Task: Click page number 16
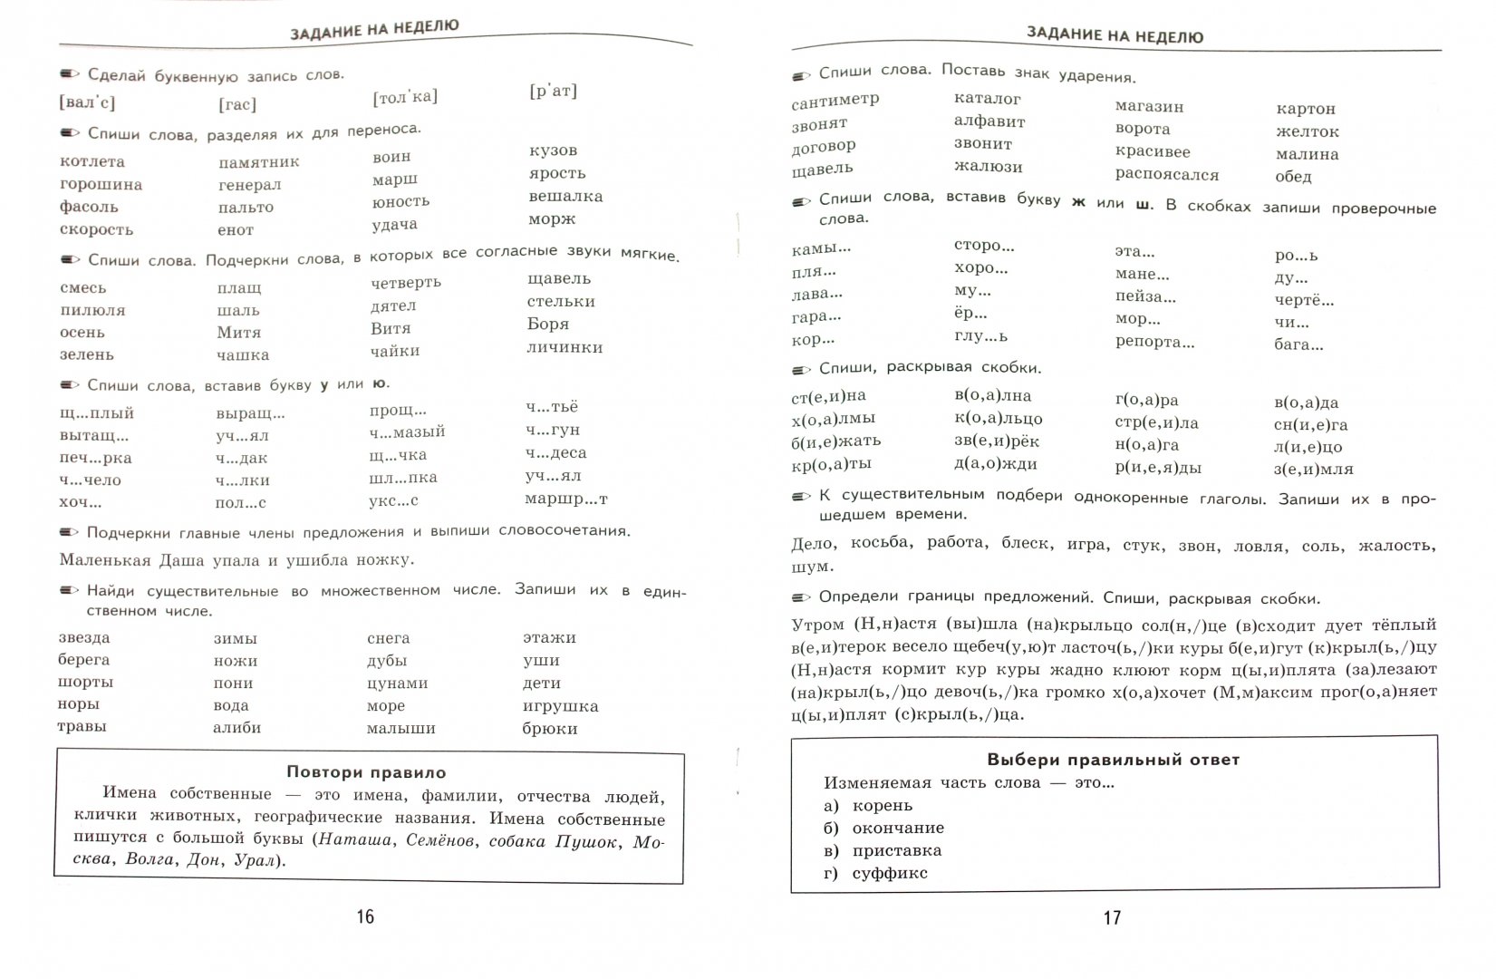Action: pyautogui.click(x=365, y=916)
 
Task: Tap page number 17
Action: pyautogui.click(x=1112, y=918)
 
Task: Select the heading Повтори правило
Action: pyautogui.click(x=366, y=772)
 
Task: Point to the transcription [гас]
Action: pyautogui.click(x=237, y=104)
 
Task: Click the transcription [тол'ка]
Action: pyautogui.click(x=405, y=96)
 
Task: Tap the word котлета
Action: pyautogui.click(x=92, y=161)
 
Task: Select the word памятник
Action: pyautogui.click(x=258, y=162)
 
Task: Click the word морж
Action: pyautogui.click(x=552, y=218)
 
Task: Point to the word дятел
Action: pyautogui.click(x=393, y=305)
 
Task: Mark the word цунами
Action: pyautogui.click(x=397, y=683)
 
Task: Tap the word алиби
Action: pyautogui.click(x=236, y=727)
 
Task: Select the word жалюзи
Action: pyautogui.click(x=988, y=167)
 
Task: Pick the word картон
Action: pyautogui.click(x=1306, y=109)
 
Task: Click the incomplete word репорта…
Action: pyautogui.click(x=1154, y=342)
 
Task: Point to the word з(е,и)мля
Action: pyautogui.click(x=1313, y=469)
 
